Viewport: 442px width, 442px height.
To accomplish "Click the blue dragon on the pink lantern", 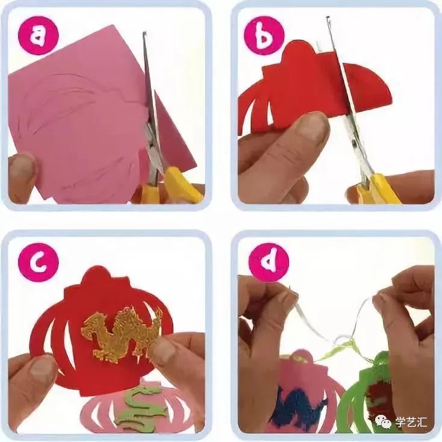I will pyautogui.click(x=302, y=409).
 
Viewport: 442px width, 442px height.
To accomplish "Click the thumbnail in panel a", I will pyautogui.click(x=21, y=169).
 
